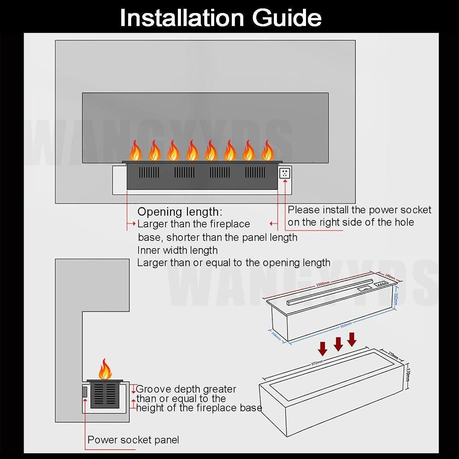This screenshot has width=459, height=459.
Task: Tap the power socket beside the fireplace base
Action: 285,173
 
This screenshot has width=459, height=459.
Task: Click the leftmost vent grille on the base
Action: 149,173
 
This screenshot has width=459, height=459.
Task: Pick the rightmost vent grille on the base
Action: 255,173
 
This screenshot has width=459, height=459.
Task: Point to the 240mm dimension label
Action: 389,276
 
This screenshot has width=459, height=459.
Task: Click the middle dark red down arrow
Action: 338,344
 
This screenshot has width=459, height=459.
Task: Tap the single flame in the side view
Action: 105,369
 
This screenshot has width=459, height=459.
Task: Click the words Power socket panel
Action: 133,440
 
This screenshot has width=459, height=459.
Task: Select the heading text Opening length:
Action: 179,212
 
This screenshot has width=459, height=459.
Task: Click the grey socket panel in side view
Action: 85,392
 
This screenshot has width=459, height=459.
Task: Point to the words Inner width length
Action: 177,250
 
